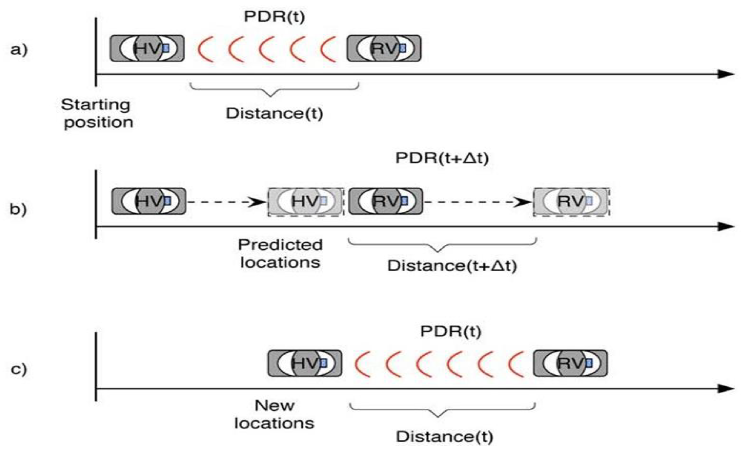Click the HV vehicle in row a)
pos(147,48)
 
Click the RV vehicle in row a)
pos(384,48)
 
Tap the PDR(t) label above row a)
pos(274,17)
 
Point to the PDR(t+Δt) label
pos(442,158)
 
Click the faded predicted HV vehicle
pos(306,201)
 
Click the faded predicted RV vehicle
pos(571,201)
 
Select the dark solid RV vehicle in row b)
pos(386,201)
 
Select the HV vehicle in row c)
pos(305,363)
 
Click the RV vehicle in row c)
pos(570,363)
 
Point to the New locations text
pos(274,415)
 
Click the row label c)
pos(19,369)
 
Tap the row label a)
pos(19,50)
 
